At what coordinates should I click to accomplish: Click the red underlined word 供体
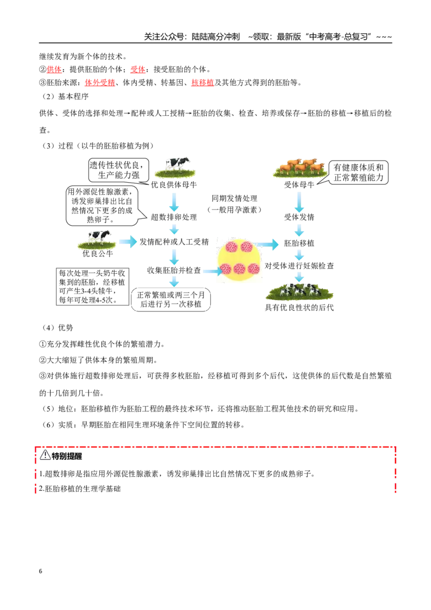(54, 70)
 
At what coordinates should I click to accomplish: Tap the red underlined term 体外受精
(100, 82)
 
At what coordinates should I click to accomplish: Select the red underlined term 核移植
(203, 82)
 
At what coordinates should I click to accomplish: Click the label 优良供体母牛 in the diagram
(174, 185)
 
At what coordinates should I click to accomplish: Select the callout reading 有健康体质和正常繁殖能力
(358, 172)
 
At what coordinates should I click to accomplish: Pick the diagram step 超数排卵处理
(174, 217)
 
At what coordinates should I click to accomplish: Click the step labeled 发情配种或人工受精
(174, 242)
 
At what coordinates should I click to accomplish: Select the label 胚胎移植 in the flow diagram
(299, 243)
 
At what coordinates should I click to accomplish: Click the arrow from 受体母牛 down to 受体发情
(299, 202)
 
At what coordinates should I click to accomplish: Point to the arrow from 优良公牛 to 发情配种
(128, 241)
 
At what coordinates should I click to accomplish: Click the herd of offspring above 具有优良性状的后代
(300, 290)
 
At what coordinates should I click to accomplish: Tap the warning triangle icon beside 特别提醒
(45, 454)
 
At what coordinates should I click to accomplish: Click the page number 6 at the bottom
(40, 571)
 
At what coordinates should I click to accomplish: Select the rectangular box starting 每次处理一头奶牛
(93, 286)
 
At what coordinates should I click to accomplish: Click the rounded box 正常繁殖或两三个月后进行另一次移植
(171, 300)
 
